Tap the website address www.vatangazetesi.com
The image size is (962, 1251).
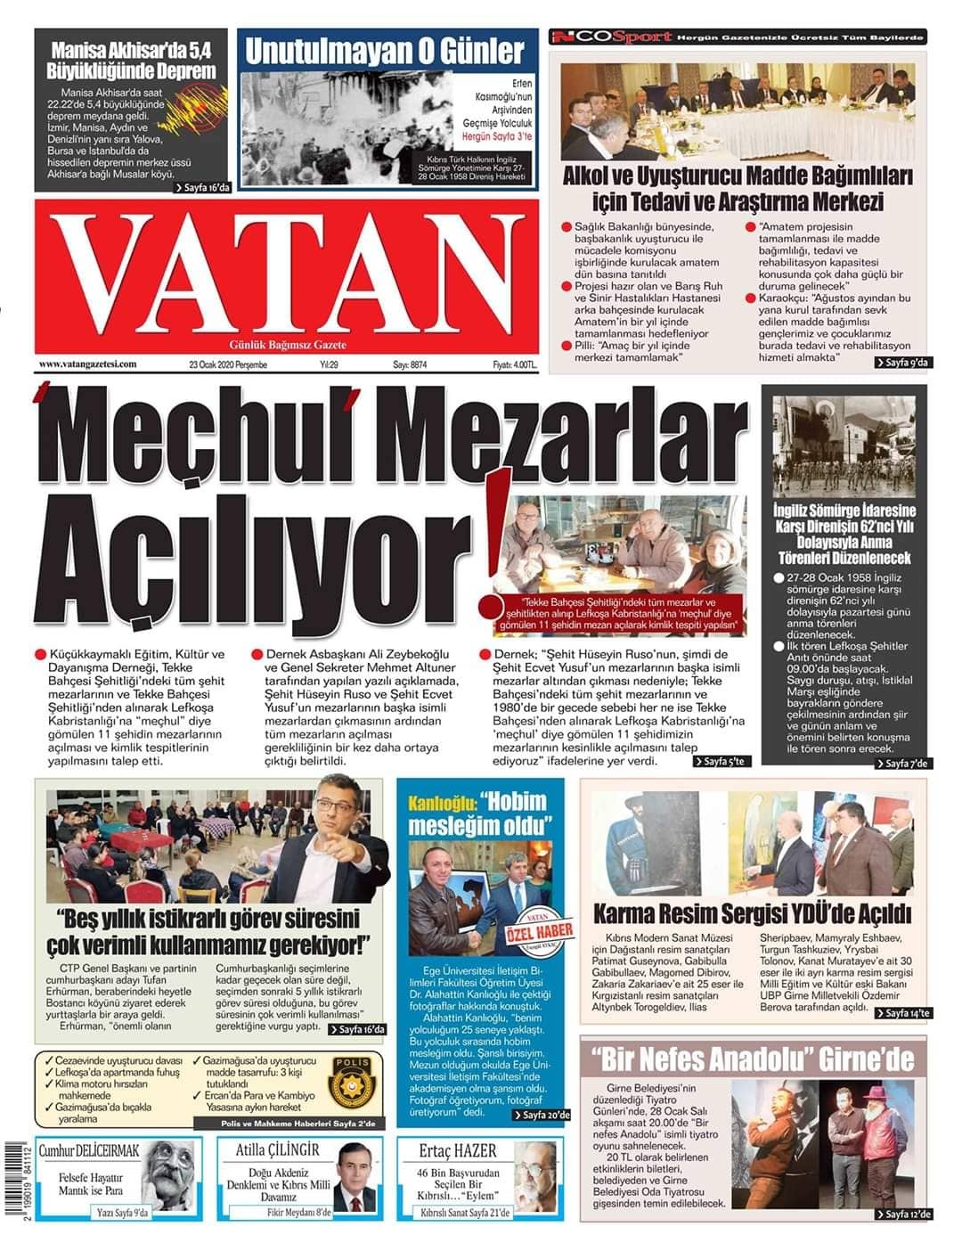tap(87, 364)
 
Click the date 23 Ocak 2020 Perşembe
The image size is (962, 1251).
tap(228, 364)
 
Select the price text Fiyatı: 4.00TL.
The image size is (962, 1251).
tap(515, 364)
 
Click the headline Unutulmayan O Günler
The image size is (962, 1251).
tap(384, 51)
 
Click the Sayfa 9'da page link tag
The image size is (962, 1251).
tap(903, 363)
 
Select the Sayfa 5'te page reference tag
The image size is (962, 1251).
tap(724, 762)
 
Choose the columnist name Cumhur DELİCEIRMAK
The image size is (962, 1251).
tap(89, 1151)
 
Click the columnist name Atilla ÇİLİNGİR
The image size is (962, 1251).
tap(278, 1150)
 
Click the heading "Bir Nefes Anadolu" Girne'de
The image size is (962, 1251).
tap(754, 1059)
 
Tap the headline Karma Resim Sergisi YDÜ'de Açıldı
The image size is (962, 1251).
tap(753, 913)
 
